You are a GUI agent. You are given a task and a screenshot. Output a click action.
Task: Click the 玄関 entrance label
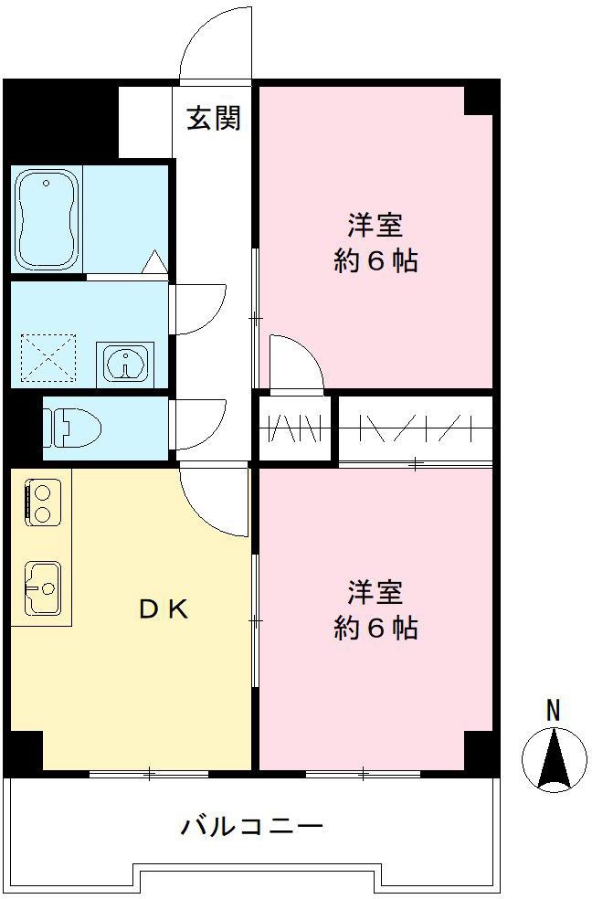click(x=215, y=119)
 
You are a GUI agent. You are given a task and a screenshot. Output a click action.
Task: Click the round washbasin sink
click(x=123, y=363)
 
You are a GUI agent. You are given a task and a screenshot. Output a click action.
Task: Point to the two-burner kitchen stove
click(x=42, y=502)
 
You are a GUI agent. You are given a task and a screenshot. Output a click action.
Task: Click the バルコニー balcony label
click(x=251, y=828)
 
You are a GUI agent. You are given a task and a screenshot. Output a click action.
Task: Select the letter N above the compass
click(x=553, y=709)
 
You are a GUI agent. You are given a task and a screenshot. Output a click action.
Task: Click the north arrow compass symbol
click(x=554, y=760)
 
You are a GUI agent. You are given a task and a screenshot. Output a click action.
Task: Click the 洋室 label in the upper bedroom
click(x=375, y=225)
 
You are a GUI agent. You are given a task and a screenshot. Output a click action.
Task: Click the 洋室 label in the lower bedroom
click(x=375, y=592)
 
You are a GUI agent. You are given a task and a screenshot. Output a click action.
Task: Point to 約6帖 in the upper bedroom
click(x=375, y=261)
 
